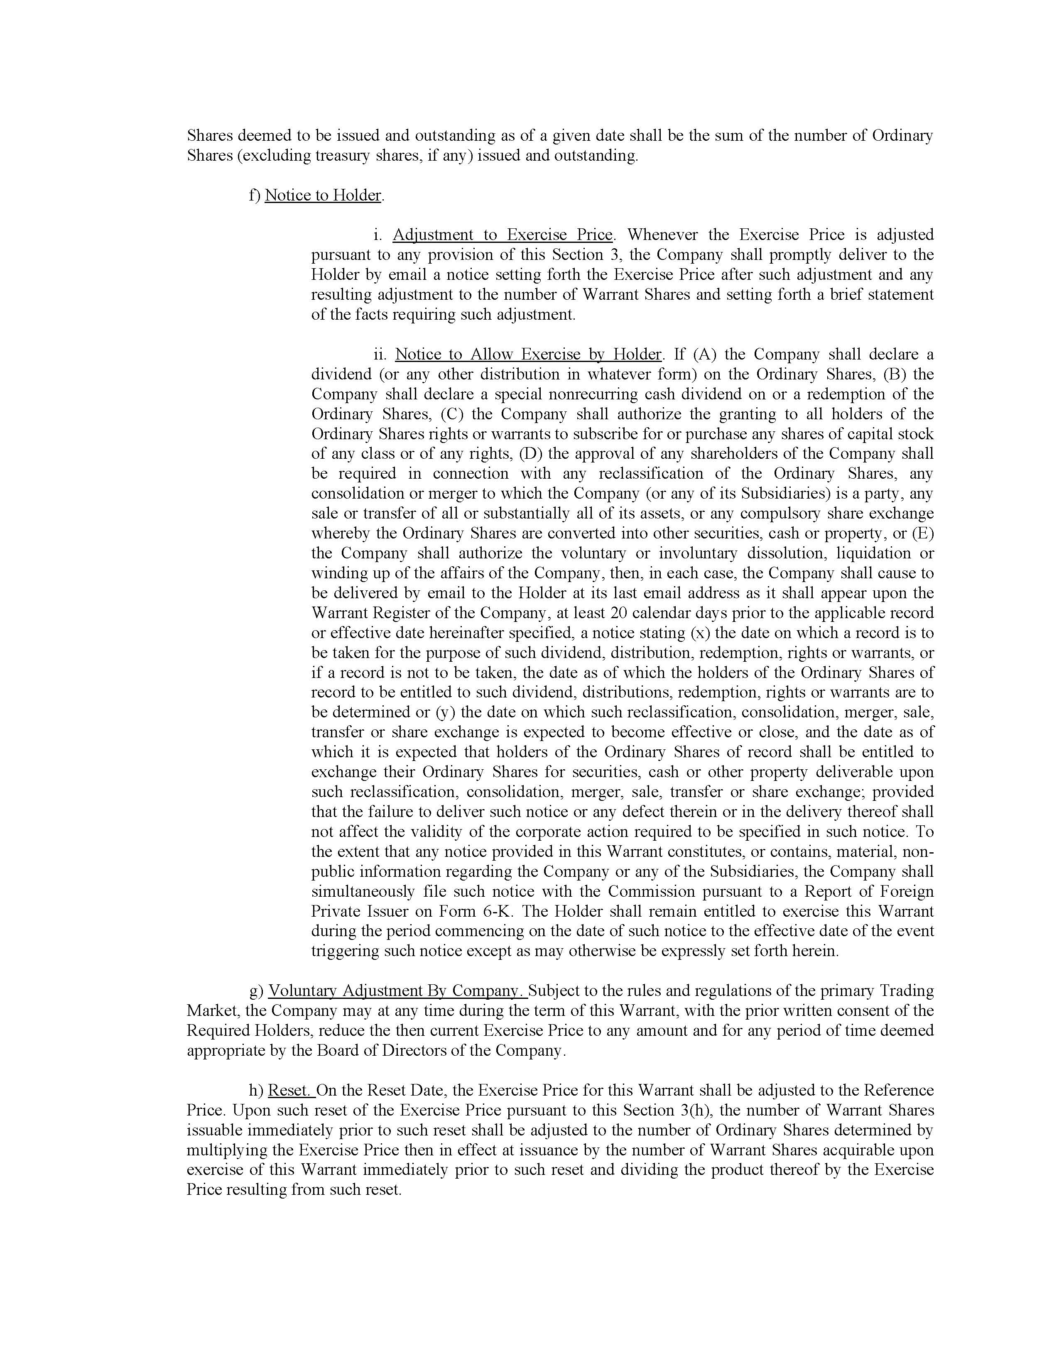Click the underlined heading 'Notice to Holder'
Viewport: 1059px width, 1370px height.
pos(323,195)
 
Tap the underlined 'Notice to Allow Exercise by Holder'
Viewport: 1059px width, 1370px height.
pos(528,355)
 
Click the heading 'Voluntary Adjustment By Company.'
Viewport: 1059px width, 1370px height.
pos(398,991)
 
